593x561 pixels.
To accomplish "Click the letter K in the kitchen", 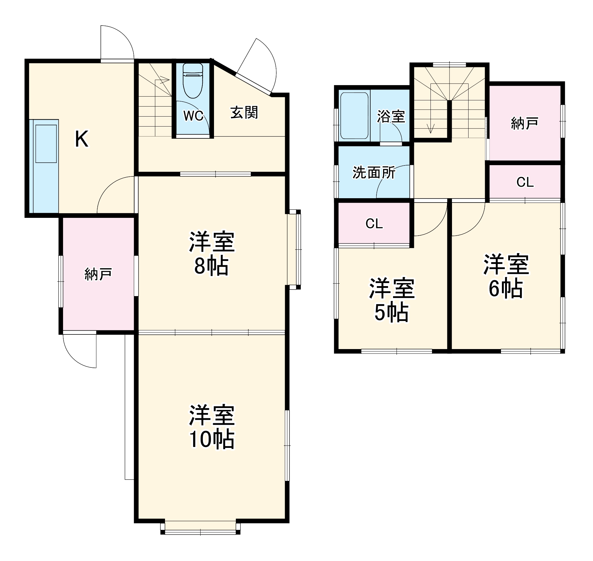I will click(x=82, y=139).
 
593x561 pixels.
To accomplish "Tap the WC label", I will click(x=193, y=116).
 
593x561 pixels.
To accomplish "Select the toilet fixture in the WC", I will click(x=193, y=80).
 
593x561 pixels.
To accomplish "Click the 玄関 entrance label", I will click(x=244, y=113).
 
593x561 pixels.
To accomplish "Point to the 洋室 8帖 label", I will click(x=211, y=254).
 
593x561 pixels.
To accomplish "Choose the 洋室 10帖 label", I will click(x=211, y=427).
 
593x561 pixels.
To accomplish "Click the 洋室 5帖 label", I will click(x=391, y=300).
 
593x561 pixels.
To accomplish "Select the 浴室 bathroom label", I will click(x=391, y=116).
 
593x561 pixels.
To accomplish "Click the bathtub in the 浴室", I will click(x=354, y=115).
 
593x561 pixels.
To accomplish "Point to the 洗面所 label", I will click(x=374, y=173).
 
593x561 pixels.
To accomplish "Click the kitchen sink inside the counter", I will click(x=46, y=144).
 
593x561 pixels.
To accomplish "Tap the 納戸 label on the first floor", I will click(x=98, y=274).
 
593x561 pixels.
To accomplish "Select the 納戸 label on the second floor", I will click(x=525, y=123).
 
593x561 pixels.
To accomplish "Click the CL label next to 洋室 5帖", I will click(x=374, y=223).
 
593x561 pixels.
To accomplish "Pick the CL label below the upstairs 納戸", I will click(x=525, y=182).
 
